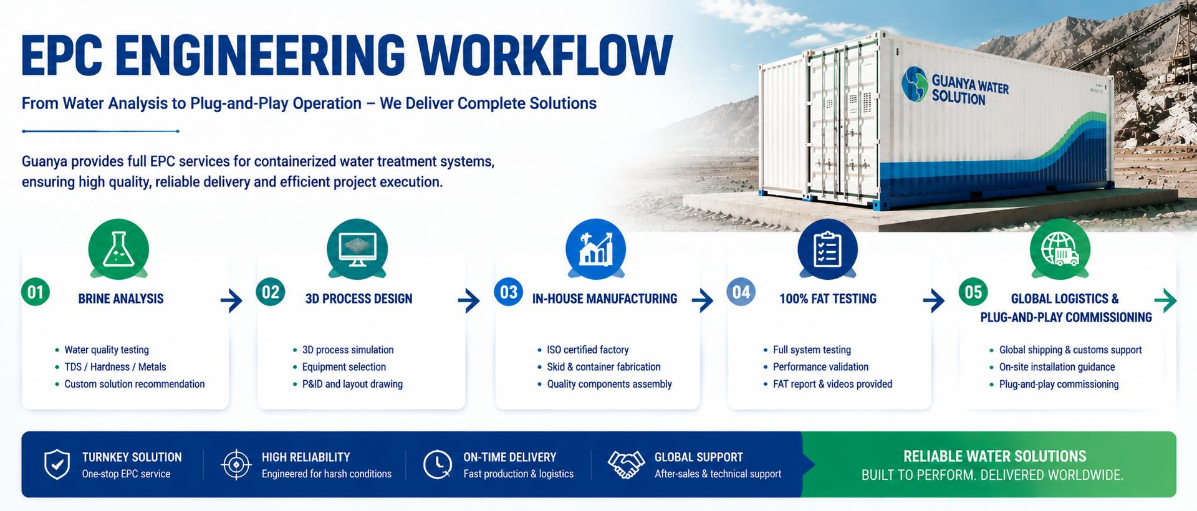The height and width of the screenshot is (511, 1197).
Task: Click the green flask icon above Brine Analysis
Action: [x=118, y=249]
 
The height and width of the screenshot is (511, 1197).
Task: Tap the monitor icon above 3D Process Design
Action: [x=357, y=249]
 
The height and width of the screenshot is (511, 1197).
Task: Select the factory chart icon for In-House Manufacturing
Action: [x=595, y=249]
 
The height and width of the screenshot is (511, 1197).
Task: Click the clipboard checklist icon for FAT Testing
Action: [x=828, y=249]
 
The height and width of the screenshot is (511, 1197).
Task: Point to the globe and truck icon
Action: [x=1060, y=249]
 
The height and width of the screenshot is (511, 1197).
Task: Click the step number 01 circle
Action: [x=36, y=292]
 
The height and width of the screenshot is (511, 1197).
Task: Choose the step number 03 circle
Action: [x=509, y=292]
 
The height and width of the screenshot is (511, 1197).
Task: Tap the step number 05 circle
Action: [x=973, y=292]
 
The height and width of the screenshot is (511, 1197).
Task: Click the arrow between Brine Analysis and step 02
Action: [x=231, y=301]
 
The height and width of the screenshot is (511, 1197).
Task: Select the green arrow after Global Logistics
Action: [x=1166, y=301]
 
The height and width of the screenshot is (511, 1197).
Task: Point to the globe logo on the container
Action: [x=915, y=84]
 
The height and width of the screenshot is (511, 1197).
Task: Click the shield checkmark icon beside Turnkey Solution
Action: [x=57, y=465]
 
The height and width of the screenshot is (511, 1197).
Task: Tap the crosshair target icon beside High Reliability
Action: [x=236, y=465]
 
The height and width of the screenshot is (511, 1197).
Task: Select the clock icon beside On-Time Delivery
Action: [x=438, y=465]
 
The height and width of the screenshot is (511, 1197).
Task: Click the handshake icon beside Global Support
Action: [x=626, y=465]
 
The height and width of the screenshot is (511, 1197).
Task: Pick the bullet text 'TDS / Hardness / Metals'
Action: [x=115, y=367]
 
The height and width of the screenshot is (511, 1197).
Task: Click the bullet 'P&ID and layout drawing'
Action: [x=352, y=384]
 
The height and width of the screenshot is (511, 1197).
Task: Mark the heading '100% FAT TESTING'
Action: [x=828, y=299]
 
